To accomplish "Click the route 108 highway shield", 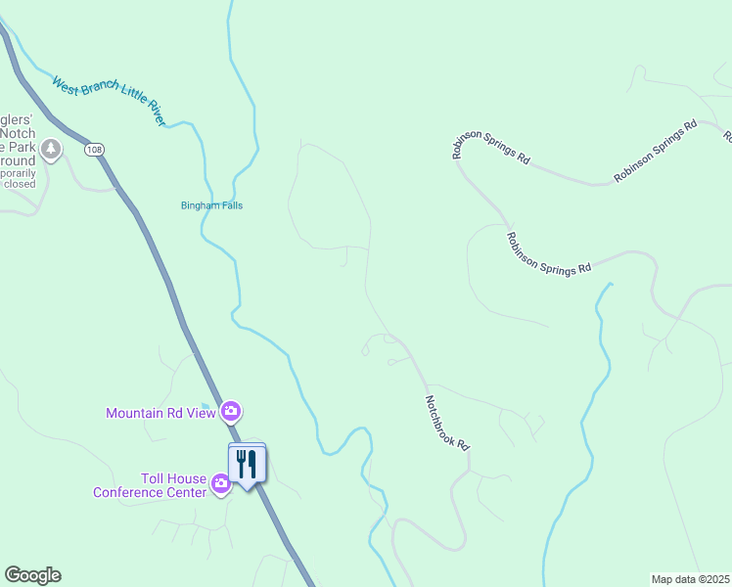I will [93, 150].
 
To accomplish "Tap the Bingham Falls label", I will [211, 205].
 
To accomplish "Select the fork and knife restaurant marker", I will [247, 463].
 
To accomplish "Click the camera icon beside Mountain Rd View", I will [231, 411].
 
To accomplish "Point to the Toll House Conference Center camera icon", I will [221, 482].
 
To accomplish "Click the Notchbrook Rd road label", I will [447, 422].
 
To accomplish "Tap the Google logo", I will [32, 575].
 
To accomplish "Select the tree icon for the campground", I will [50, 150].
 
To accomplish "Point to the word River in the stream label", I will [158, 114].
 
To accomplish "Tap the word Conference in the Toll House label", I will [131, 492].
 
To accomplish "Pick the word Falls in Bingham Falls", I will [231, 205].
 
